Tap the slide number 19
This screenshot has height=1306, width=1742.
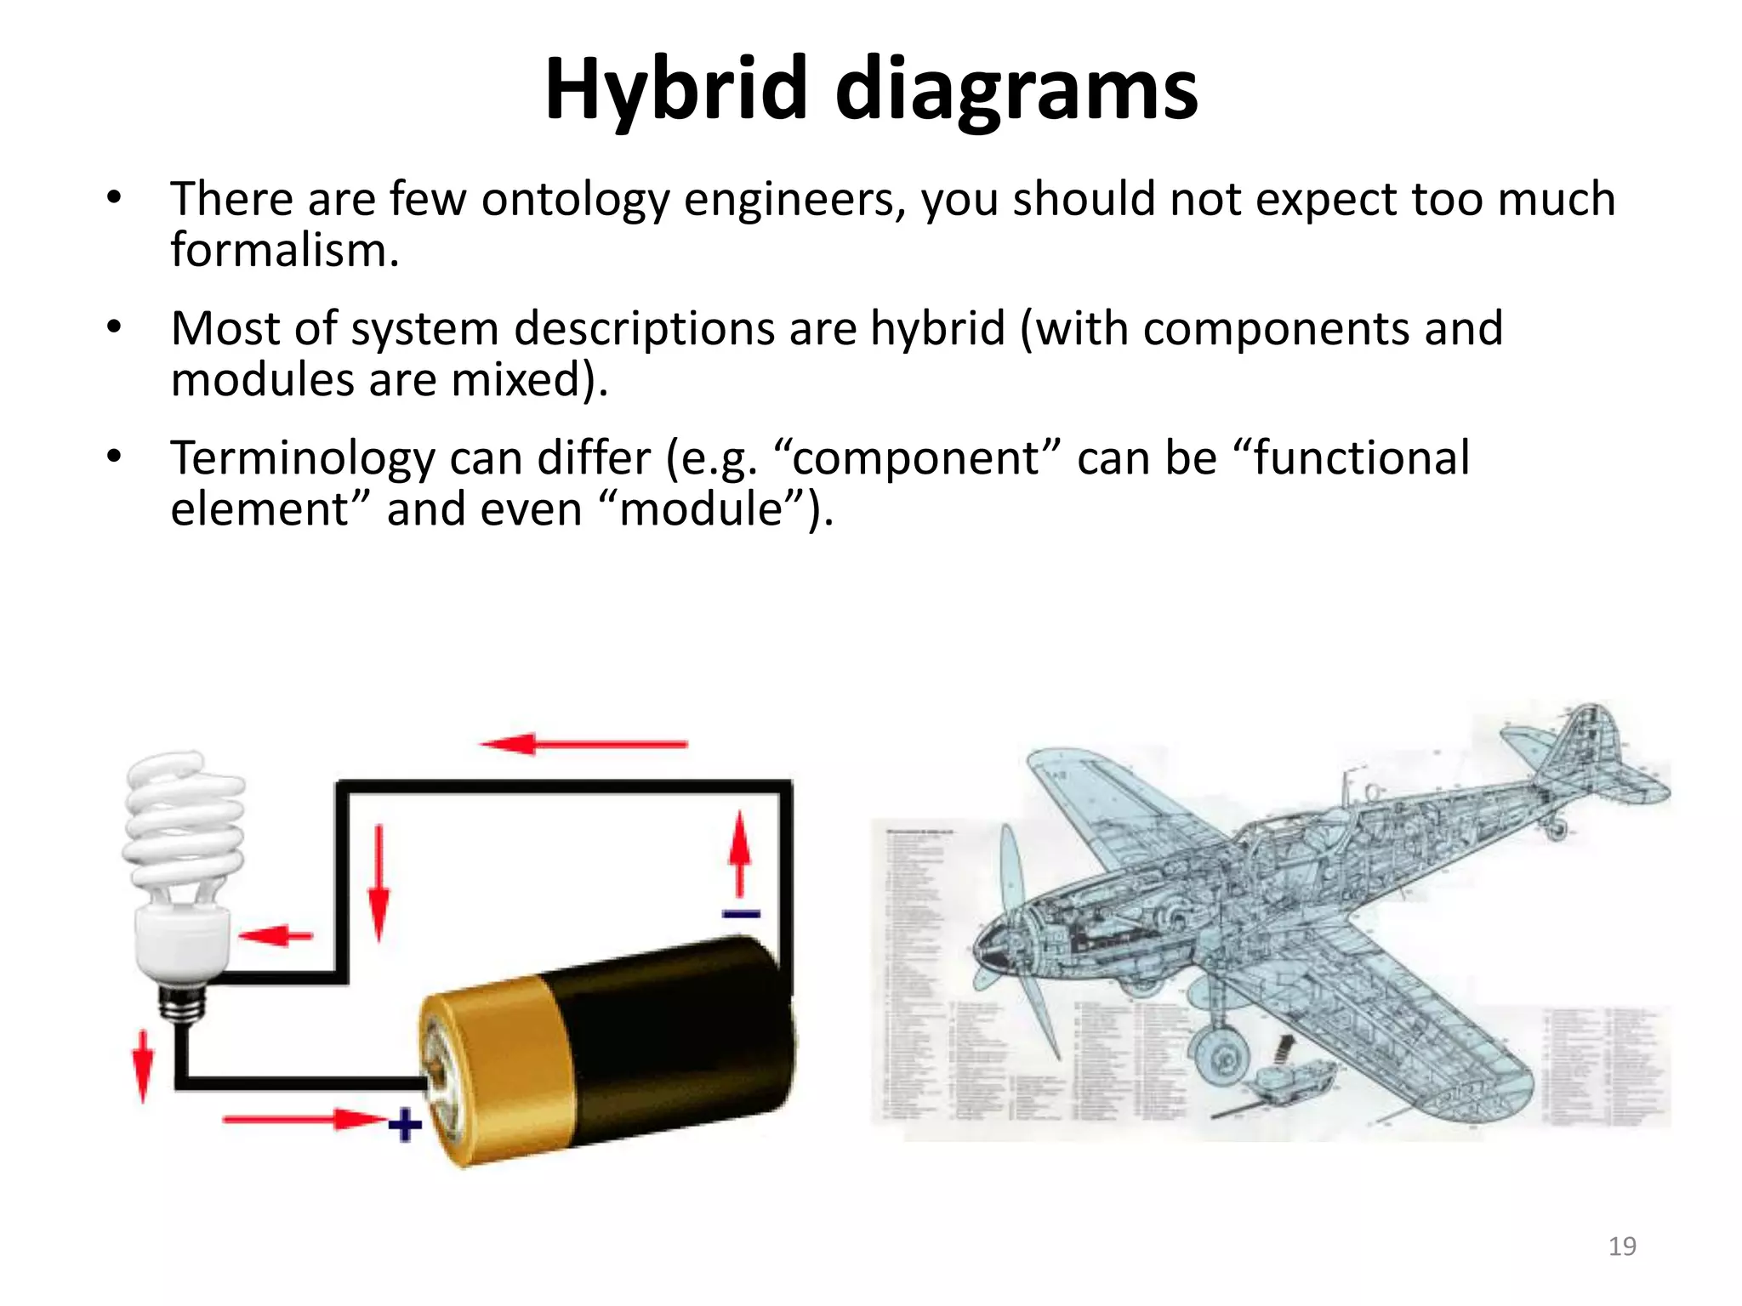[1622, 1246]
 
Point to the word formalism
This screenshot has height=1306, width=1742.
[284, 251]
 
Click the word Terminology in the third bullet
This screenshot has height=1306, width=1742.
[303, 459]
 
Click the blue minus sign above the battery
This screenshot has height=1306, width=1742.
[741, 914]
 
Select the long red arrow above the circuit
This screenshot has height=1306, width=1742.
[584, 744]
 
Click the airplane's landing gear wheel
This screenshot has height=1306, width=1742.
[1222, 1059]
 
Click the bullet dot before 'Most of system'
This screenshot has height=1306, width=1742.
[114, 328]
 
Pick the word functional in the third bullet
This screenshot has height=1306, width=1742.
[1361, 459]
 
